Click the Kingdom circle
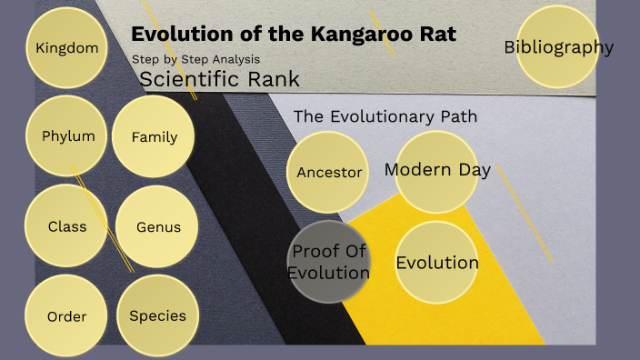pos(67,47)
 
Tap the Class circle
pos(67,225)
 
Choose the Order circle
pos(67,316)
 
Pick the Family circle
pos(155,137)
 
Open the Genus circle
pos(158,226)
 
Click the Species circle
pos(157,315)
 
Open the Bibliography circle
pos(558,47)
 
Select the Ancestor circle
pos(329,172)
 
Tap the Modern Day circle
pos(437,170)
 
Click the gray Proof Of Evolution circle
pos(329,261)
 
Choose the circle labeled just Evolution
pos(437,263)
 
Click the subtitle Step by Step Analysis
pos(195,59)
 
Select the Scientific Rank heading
pos(219,79)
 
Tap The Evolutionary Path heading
pos(385,116)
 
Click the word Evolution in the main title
pos(180,35)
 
